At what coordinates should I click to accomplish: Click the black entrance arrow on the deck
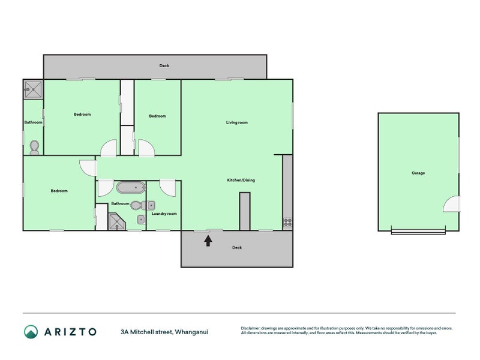[x=208, y=241]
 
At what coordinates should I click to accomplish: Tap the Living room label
[x=236, y=122]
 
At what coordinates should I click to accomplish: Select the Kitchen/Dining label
[x=241, y=180]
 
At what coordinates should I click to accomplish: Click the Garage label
[x=418, y=173]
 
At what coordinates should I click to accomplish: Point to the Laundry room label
[x=164, y=214]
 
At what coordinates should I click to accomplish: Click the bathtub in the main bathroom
[x=131, y=188]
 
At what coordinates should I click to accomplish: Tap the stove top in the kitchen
[x=287, y=223]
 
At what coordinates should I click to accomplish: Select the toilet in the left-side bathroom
[x=34, y=147]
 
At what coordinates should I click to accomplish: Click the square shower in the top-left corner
[x=33, y=89]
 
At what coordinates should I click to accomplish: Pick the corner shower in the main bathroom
[x=116, y=221]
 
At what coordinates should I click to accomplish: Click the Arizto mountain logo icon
[x=31, y=332]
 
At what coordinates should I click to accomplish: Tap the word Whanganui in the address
[x=191, y=332]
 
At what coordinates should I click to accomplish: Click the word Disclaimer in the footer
[x=250, y=328]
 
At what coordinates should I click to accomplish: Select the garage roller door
[x=418, y=230]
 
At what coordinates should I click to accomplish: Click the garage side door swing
[x=452, y=204]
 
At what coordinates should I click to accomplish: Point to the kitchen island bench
[x=245, y=211]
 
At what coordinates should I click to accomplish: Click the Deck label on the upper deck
[x=164, y=65]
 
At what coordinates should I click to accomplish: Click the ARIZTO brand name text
[x=70, y=332]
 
